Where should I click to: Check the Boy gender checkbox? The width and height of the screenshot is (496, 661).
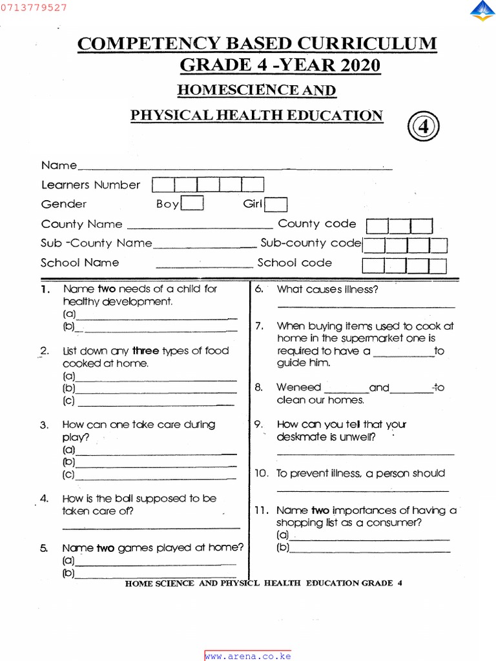192,204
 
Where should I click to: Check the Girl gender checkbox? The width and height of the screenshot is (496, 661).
276,204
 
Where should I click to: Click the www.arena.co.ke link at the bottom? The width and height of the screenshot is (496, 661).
248,656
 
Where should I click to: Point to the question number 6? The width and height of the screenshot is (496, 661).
259,289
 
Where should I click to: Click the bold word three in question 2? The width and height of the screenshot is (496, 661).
146,351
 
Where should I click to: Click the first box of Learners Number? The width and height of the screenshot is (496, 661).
163,185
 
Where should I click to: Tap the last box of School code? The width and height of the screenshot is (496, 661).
437,265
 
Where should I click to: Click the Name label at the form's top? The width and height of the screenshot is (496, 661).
59,165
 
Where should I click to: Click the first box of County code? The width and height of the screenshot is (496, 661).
378,226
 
